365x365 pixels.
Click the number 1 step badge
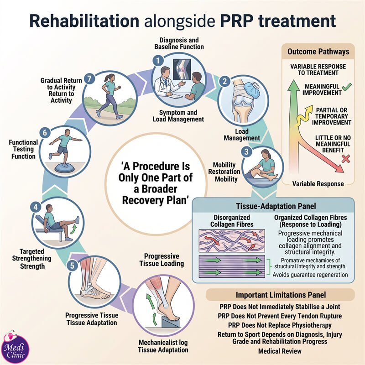(158, 61)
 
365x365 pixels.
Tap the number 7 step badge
(89, 78)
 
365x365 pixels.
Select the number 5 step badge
(72, 266)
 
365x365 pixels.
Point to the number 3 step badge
(246, 152)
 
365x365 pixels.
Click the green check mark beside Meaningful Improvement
(347, 87)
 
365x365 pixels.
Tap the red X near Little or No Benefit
(346, 159)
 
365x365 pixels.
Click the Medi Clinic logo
(15, 347)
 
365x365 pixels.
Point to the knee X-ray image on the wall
(182, 69)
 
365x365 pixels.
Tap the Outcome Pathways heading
(318, 52)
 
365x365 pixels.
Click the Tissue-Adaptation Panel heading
(276, 206)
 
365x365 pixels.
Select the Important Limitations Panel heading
(281, 295)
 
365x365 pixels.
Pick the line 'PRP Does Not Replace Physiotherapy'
(280, 325)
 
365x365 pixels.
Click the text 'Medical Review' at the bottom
(280, 351)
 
